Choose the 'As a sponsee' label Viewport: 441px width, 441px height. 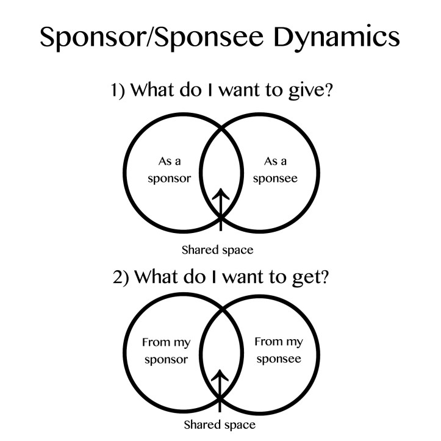(274, 170)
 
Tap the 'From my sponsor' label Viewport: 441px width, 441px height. (166, 350)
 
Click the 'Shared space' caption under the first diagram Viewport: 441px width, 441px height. (217, 249)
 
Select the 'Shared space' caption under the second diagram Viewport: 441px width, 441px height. (220, 424)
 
